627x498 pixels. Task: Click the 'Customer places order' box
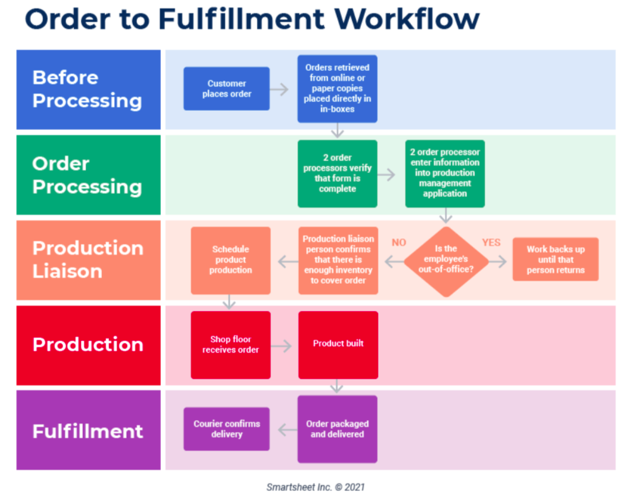pyautogui.click(x=226, y=89)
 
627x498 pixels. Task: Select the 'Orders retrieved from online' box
pyautogui.click(x=337, y=88)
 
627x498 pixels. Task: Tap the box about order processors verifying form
pyautogui.click(x=337, y=174)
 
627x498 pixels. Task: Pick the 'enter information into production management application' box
pyautogui.click(x=445, y=174)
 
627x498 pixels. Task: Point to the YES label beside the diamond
pyautogui.click(x=491, y=243)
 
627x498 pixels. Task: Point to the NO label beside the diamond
pyautogui.click(x=399, y=243)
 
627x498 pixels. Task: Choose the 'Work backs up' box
pyautogui.click(x=555, y=260)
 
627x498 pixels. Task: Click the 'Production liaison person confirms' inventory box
pyautogui.click(x=338, y=260)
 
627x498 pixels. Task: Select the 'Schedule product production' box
pyautogui.click(x=231, y=260)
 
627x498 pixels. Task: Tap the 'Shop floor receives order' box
pyautogui.click(x=231, y=345)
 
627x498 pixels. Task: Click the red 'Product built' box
pyautogui.click(x=338, y=345)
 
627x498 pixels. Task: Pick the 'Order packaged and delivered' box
pyautogui.click(x=337, y=429)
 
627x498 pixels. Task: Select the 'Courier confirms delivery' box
pyautogui.click(x=226, y=429)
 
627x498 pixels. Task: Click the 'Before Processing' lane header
pyautogui.click(x=88, y=89)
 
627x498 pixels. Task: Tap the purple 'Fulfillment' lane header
pyautogui.click(x=88, y=430)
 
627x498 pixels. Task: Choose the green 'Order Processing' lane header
pyautogui.click(x=88, y=175)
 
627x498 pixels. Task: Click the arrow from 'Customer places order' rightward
pyautogui.click(x=279, y=89)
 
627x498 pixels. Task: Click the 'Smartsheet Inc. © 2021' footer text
pyautogui.click(x=315, y=487)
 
